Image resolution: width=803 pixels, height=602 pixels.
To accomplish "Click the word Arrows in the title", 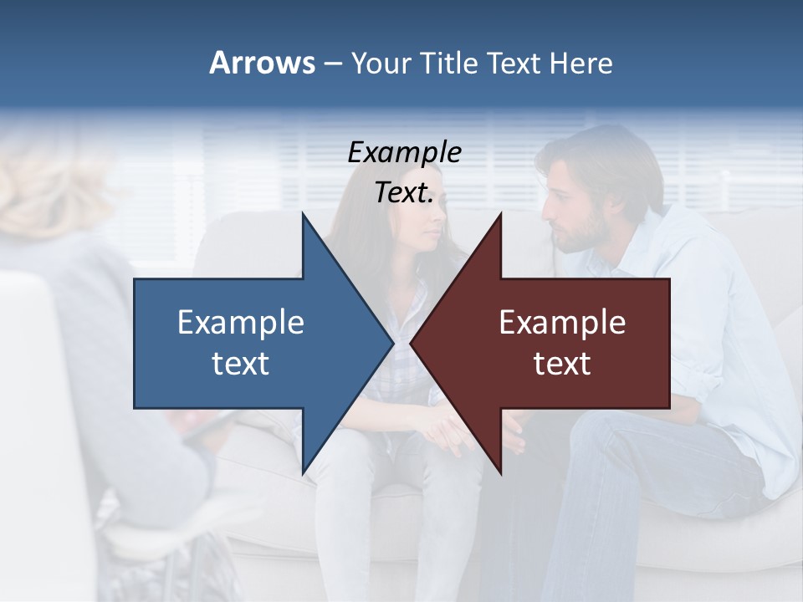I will pos(262,63).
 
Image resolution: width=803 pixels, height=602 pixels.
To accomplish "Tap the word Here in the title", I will pos(581,63).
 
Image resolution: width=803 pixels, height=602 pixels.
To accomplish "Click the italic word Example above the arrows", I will pos(404,153).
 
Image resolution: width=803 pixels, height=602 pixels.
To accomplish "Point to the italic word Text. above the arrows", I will pos(404,193).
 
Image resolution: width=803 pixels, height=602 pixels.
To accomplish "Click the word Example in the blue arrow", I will pos(241,323).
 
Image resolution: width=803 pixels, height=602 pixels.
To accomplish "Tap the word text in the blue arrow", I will pos(241,364).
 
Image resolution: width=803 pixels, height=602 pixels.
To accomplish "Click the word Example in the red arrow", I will pos(562,323).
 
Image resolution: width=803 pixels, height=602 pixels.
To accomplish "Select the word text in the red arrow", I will pos(562,364).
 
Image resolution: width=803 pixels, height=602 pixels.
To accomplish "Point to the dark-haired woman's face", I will pos(425,228).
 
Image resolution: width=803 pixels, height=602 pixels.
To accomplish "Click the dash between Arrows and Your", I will pos(333,64).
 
